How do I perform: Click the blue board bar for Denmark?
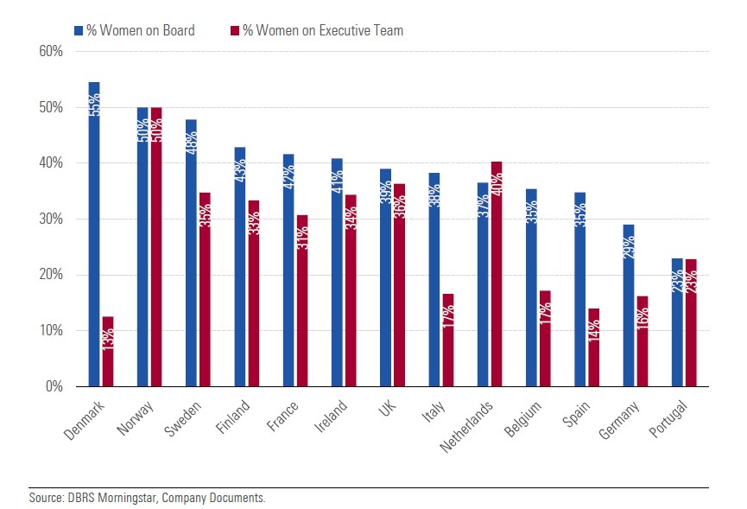tap(94, 233)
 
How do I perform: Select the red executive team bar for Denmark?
tap(108, 351)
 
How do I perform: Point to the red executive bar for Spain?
tap(593, 347)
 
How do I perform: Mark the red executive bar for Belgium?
tap(545, 338)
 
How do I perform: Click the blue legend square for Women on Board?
tap(78, 30)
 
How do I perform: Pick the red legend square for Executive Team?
tap(233, 30)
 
